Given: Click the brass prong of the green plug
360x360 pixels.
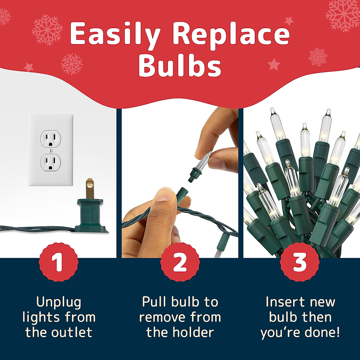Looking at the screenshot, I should pos(89,189).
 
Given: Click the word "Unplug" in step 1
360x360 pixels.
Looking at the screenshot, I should pos(58,302).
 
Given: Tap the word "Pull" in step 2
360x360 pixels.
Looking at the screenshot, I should pos(153,302).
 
